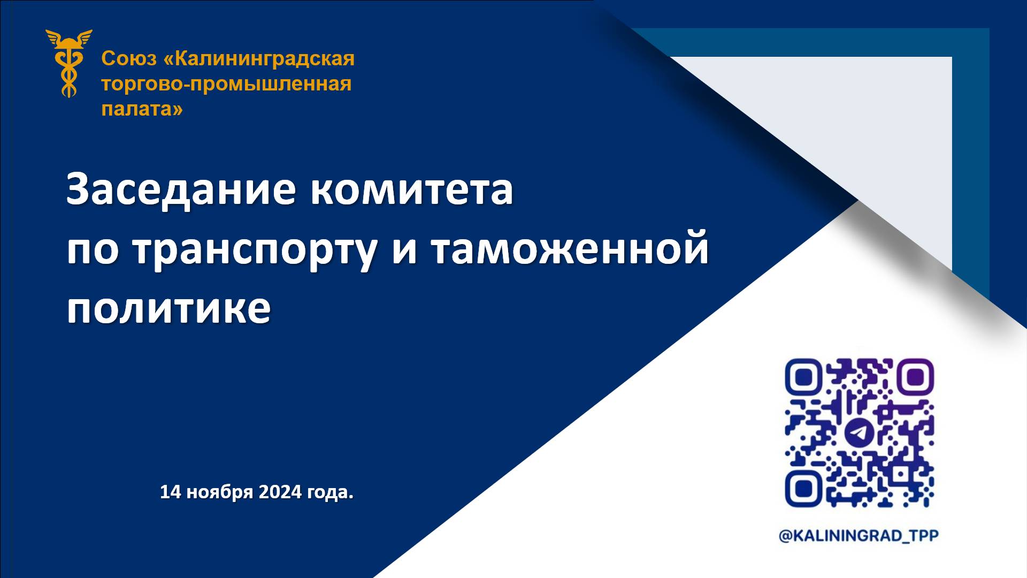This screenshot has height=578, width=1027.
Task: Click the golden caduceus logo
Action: pos(68,63)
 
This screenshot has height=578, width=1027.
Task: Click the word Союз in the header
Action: pos(128,59)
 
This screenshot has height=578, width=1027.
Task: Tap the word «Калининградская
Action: pos(258,59)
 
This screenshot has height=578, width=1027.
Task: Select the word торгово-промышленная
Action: pos(226,84)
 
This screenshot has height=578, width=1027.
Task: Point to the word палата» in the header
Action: pos(142,109)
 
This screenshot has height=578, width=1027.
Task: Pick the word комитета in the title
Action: pos(412,190)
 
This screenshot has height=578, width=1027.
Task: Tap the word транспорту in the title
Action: pos(255,250)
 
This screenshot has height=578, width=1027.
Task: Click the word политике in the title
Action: pos(168,309)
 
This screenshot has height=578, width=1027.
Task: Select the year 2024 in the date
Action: pos(280,492)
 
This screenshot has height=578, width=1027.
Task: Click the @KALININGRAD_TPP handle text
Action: pos(859,536)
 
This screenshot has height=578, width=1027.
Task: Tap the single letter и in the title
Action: pos(404,250)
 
